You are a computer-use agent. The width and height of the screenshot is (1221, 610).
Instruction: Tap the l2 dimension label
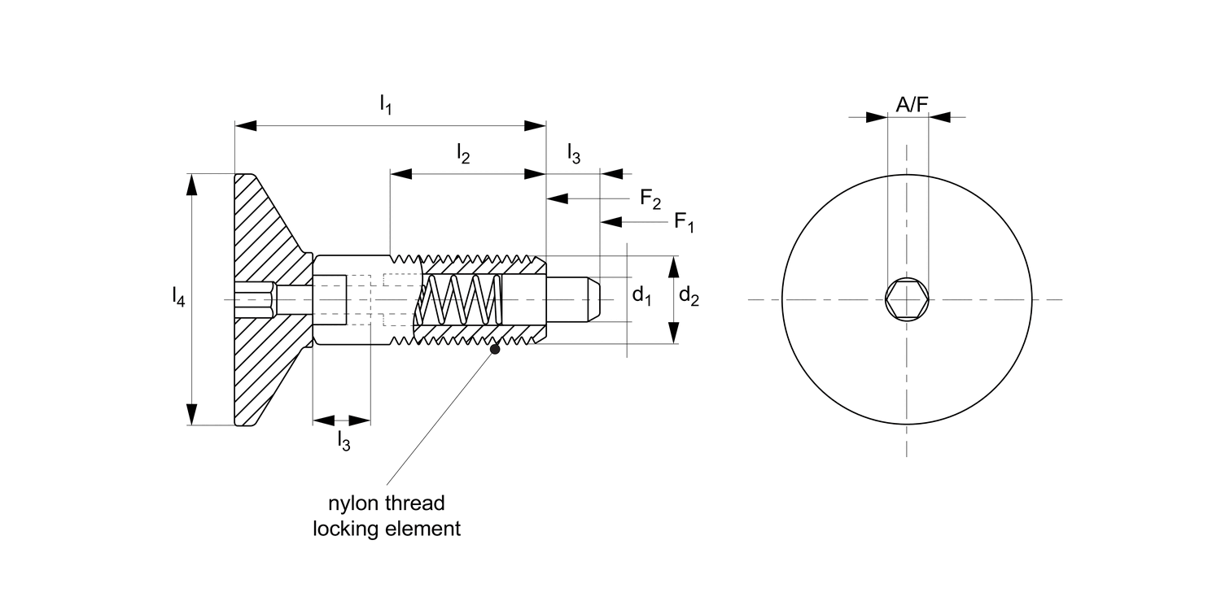[x=463, y=153]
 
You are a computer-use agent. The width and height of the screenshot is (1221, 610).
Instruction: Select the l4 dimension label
[x=179, y=297]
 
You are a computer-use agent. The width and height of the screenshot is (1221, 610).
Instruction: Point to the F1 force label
[x=684, y=222]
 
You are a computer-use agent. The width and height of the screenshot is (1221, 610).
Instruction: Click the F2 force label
[x=650, y=198]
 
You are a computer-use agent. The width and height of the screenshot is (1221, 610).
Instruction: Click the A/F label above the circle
[x=912, y=104]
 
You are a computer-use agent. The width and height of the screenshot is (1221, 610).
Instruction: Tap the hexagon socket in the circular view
[x=907, y=299]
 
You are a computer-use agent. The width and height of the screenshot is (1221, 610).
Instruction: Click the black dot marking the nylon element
[x=495, y=349]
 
